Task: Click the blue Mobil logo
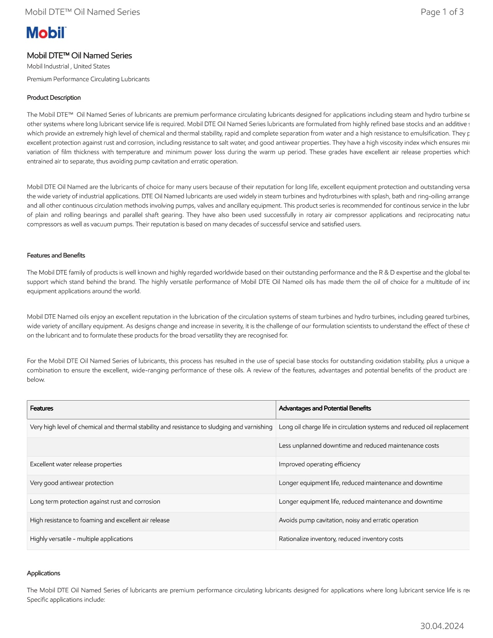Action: click(46, 33)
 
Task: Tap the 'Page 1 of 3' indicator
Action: click(442, 12)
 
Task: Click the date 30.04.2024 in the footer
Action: click(442, 626)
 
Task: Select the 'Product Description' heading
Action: click(54, 98)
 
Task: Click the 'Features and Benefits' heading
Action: click(56, 256)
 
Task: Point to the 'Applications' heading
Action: click(44, 573)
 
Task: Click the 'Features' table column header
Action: click(42, 408)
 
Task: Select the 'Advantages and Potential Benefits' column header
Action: click(325, 408)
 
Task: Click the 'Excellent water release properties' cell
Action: click(76, 464)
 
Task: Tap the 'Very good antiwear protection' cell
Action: click(72, 483)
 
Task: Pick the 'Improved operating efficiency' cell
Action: click(319, 464)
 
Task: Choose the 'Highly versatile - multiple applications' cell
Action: click(82, 539)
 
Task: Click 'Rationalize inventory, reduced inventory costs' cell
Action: click(341, 539)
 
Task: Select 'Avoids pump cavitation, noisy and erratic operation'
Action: click(348, 520)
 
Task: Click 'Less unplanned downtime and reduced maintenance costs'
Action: click(359, 446)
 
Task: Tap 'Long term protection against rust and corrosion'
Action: click(95, 502)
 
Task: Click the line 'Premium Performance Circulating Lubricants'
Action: click(88, 79)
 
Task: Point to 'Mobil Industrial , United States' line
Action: click(68, 67)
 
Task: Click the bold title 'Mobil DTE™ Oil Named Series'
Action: click(80, 56)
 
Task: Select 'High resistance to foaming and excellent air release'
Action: click(100, 520)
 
